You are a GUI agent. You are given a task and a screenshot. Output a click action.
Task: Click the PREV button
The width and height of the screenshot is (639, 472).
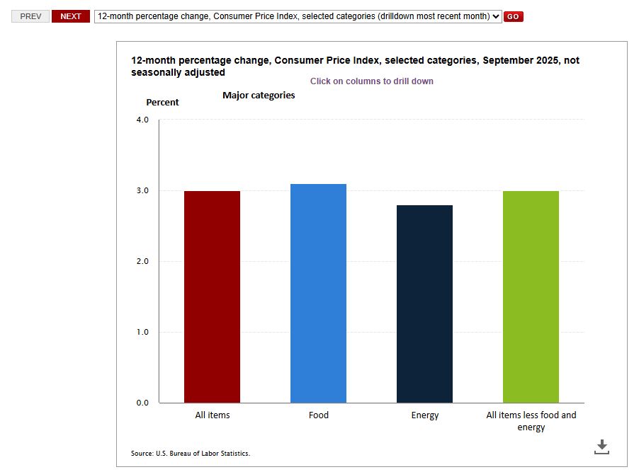[x=30, y=16]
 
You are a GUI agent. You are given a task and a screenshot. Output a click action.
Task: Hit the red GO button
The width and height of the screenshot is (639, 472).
[x=514, y=16]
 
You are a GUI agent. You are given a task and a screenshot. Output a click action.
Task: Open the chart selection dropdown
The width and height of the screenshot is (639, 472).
[x=298, y=16]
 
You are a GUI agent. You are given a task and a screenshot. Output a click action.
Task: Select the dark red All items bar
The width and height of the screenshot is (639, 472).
[x=212, y=297]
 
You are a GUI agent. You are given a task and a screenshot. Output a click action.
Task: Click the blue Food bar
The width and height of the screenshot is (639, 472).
[x=318, y=294]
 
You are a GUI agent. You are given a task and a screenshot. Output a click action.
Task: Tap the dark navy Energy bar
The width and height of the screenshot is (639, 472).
[x=424, y=304]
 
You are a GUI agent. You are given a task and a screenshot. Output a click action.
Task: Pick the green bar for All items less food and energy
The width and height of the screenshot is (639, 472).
[x=531, y=297]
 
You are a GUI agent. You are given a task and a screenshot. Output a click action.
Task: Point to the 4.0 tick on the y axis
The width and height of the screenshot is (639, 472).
[x=142, y=120]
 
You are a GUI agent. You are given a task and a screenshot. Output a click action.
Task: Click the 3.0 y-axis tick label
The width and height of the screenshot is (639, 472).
[x=142, y=190]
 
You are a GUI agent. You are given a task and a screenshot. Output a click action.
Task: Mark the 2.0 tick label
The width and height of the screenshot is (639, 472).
[x=142, y=261]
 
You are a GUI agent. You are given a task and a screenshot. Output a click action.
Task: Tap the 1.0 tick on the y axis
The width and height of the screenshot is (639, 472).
[x=142, y=332]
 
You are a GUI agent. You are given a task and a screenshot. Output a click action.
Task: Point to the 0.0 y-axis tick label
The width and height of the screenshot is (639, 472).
[x=142, y=403]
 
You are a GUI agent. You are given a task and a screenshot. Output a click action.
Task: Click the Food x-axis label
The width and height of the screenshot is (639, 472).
[x=318, y=415]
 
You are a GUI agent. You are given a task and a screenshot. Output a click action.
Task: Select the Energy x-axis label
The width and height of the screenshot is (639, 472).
[x=425, y=415]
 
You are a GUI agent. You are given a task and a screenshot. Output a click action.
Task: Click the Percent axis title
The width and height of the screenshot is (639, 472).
[x=162, y=103]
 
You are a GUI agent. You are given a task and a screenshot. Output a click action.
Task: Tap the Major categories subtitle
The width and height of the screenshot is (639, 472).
[x=259, y=95]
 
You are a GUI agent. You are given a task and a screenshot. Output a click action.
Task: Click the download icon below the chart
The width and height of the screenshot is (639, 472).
[x=601, y=447]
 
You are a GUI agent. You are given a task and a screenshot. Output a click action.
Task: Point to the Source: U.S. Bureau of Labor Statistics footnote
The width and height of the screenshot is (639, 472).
[x=191, y=453]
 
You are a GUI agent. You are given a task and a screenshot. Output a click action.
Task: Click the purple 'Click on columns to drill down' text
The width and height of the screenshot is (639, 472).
[x=371, y=81]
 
